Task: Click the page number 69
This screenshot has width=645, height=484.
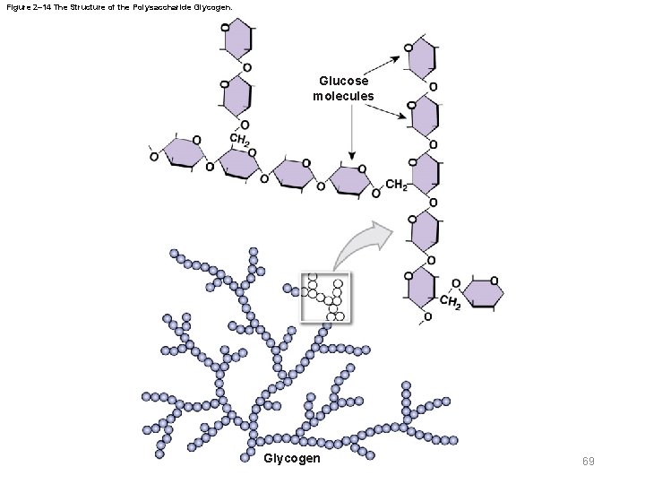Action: [x=589, y=461]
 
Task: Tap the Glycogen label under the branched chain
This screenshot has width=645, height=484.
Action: [x=292, y=459]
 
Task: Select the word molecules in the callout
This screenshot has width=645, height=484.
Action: [x=343, y=95]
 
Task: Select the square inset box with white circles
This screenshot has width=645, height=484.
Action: [x=327, y=296]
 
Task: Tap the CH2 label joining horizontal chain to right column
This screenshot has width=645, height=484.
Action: [x=396, y=186]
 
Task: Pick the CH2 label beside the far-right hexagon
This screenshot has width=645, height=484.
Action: [x=451, y=305]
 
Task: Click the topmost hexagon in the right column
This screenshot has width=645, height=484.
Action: [x=423, y=58]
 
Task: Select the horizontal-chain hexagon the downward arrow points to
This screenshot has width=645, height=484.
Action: [x=350, y=178]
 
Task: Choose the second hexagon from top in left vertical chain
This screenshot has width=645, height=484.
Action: [x=236, y=94]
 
